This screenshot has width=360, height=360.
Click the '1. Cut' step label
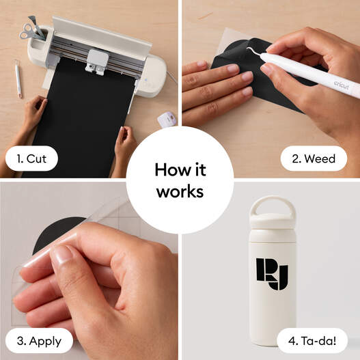coord(31,158)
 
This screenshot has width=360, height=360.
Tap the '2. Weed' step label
coord(314,158)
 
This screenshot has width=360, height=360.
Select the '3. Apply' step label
coord(39,341)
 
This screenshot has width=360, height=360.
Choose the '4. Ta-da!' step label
coord(312,341)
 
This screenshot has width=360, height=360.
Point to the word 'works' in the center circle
coord(180,192)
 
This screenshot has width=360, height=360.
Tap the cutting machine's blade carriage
coord(96,61)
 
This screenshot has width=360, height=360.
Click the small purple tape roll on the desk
coord(167,120)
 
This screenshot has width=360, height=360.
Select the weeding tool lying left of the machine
coord(18,79)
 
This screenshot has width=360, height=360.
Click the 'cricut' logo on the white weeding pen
coord(342,85)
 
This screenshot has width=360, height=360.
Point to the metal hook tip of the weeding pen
coord(250,50)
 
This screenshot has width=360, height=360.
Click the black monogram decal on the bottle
coord(272,274)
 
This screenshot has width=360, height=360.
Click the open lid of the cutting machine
coord(101,36)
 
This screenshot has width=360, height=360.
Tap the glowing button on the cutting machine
coord(146,80)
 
